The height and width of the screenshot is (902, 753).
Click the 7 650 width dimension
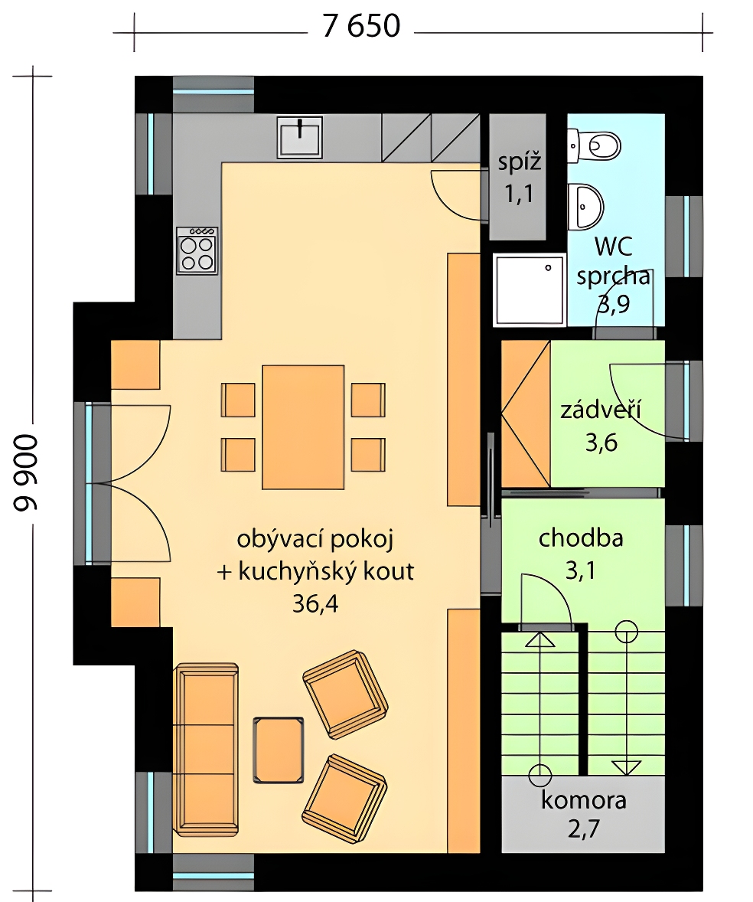coord(361,27)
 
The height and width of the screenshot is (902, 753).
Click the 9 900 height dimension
coord(26,473)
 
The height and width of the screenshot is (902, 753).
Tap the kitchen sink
coord(299,137)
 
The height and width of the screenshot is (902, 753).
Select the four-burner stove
coord(197,250)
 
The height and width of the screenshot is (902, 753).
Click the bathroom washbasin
coord(585,205)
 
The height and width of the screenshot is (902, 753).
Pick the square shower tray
coord(530,290)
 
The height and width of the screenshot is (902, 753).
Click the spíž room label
coord(520,163)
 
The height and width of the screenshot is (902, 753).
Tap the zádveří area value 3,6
coord(601,443)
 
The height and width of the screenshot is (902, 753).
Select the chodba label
coord(581,538)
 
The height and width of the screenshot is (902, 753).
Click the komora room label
coord(583,800)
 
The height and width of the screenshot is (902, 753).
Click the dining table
coord(304,426)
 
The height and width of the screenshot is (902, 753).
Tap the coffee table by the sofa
coord(279,750)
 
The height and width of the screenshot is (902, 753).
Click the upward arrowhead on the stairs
coord(540,639)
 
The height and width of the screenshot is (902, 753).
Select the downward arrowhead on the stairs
coord(626,768)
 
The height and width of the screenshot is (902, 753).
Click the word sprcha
coord(613,277)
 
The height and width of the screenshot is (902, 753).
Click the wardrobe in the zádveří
coord(526,413)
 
